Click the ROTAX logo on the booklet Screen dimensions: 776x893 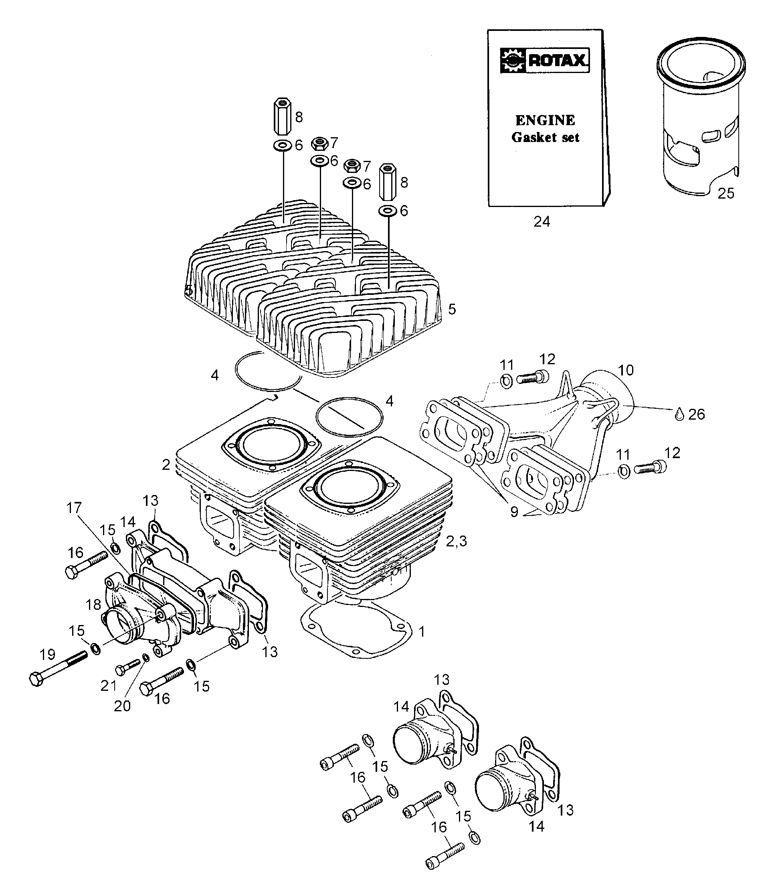coord(544,60)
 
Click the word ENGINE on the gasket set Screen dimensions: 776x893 coord(545,120)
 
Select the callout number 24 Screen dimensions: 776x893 coord(542,222)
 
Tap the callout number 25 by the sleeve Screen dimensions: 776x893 coord(726,193)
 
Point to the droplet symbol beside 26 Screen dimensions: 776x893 coord(679,414)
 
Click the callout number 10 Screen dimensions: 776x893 coord(625,370)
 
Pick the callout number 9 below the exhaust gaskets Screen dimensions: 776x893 coord(514,512)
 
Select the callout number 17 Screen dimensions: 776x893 coord(74,507)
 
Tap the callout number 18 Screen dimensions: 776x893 coord(93,605)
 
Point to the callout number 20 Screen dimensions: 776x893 coord(122,706)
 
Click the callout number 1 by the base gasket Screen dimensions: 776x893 coord(422,632)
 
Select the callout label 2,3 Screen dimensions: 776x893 coord(457,541)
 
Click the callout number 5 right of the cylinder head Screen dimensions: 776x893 coord(452,309)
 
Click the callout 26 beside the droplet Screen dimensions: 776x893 coord(696,414)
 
